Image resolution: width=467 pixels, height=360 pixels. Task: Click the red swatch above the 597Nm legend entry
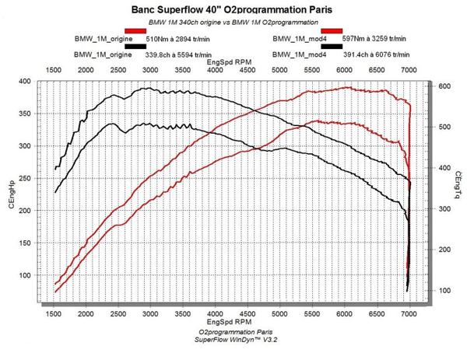pos(331,30)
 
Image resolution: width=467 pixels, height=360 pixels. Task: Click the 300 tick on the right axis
pos(444,209)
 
